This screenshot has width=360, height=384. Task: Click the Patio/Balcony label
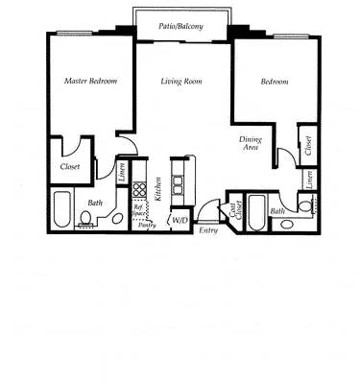[x=180, y=27]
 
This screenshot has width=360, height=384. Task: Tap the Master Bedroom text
[x=90, y=82]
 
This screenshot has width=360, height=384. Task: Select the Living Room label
[x=180, y=82]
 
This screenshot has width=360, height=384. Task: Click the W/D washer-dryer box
[x=179, y=221]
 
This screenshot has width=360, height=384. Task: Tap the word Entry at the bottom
[x=208, y=230]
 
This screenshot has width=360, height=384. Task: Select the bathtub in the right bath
[x=255, y=213]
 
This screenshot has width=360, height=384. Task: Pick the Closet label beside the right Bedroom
[x=308, y=144]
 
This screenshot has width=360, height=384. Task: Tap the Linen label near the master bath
[x=123, y=172]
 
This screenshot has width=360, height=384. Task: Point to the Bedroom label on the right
[x=275, y=82]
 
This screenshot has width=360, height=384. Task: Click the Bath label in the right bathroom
[x=277, y=210]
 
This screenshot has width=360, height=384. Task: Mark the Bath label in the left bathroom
[x=96, y=203]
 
